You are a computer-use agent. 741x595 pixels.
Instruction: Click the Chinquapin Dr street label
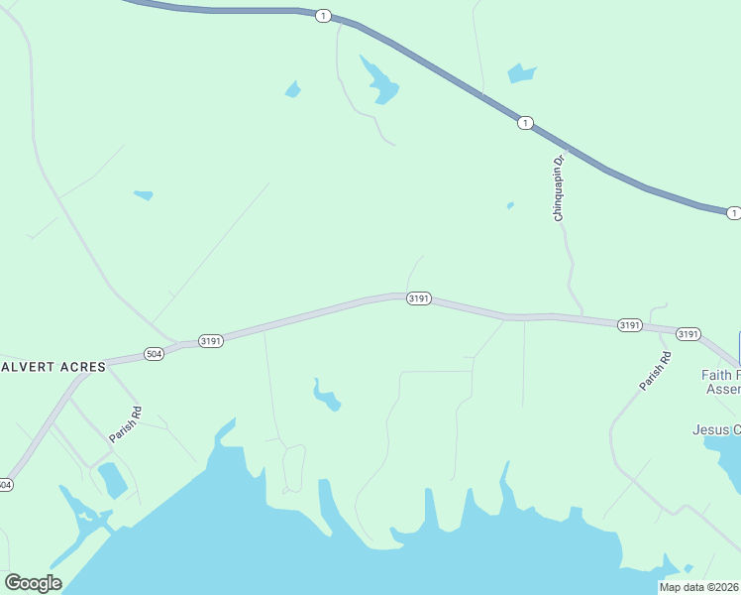[x=559, y=188]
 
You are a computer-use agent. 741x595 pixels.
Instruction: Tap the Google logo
[x=33, y=583]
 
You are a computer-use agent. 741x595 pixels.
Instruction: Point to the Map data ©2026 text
[x=699, y=587]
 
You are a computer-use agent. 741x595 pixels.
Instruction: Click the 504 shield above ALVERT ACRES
[x=154, y=354]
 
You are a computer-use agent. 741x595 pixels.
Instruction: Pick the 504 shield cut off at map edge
[x=6, y=485]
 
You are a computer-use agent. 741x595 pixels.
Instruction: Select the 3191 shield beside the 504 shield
[x=211, y=341]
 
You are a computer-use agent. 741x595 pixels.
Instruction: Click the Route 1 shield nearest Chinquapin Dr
[x=525, y=123]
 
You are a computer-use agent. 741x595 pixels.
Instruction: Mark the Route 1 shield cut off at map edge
[x=733, y=213]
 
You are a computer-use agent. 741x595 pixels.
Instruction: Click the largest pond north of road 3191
[x=379, y=82]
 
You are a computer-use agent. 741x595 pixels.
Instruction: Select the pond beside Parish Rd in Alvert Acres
[x=112, y=479]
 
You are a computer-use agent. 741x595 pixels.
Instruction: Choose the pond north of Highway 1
[x=521, y=72]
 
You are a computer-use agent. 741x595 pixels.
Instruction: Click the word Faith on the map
[x=719, y=376]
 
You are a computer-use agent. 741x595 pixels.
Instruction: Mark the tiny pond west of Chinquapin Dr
[x=510, y=206]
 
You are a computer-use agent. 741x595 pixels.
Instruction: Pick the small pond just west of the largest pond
[x=292, y=90]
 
